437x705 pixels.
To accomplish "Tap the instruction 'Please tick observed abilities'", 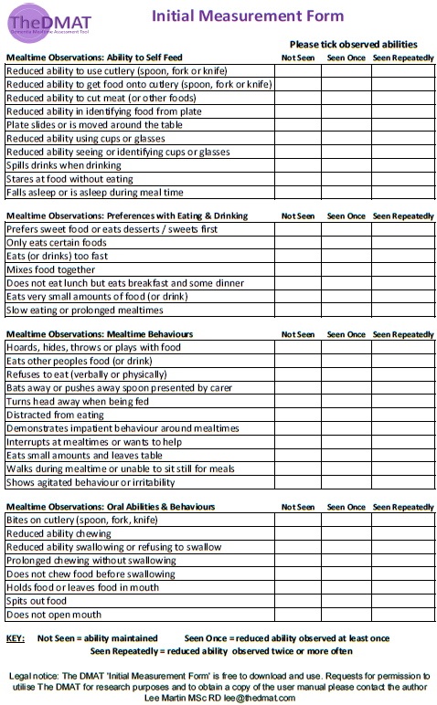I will [353, 44].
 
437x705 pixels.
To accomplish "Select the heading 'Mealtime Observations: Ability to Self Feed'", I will [117, 57].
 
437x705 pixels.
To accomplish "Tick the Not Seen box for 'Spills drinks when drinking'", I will [299, 165].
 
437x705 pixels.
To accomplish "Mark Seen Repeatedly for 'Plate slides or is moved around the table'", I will [402, 125].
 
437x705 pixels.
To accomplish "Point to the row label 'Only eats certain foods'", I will [57, 243].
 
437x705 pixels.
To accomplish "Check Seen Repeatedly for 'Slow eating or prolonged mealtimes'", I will [402, 310].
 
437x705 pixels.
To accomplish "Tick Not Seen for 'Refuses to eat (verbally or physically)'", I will [299, 374].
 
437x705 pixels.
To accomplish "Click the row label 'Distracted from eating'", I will [56, 415].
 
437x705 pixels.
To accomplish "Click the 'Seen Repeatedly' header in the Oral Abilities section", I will [402, 507].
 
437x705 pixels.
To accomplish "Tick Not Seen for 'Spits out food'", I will [299, 601].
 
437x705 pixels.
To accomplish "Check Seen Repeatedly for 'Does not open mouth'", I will [402, 615].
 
